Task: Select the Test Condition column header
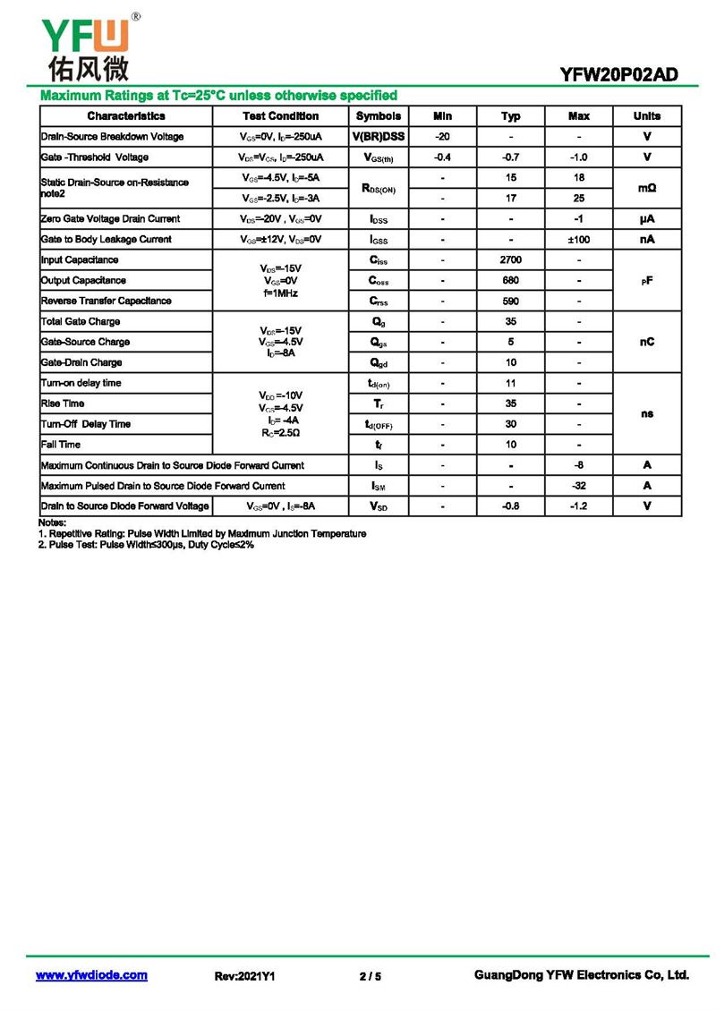(280, 116)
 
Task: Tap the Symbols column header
(379, 116)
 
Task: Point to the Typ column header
(510, 116)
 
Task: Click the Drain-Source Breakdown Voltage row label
(113, 137)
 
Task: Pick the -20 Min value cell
(442, 137)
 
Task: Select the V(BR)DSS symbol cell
(379, 137)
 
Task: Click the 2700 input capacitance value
(510, 259)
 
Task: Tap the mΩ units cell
(646, 188)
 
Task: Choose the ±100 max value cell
(579, 240)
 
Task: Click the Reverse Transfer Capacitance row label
(107, 301)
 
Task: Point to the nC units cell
(646, 342)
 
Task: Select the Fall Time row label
(61, 445)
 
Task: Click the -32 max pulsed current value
(579, 486)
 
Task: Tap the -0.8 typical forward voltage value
(510, 506)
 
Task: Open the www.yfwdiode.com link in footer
(91, 975)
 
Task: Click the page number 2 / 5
(370, 976)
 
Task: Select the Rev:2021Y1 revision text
(244, 976)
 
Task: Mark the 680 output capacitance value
(510, 280)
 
